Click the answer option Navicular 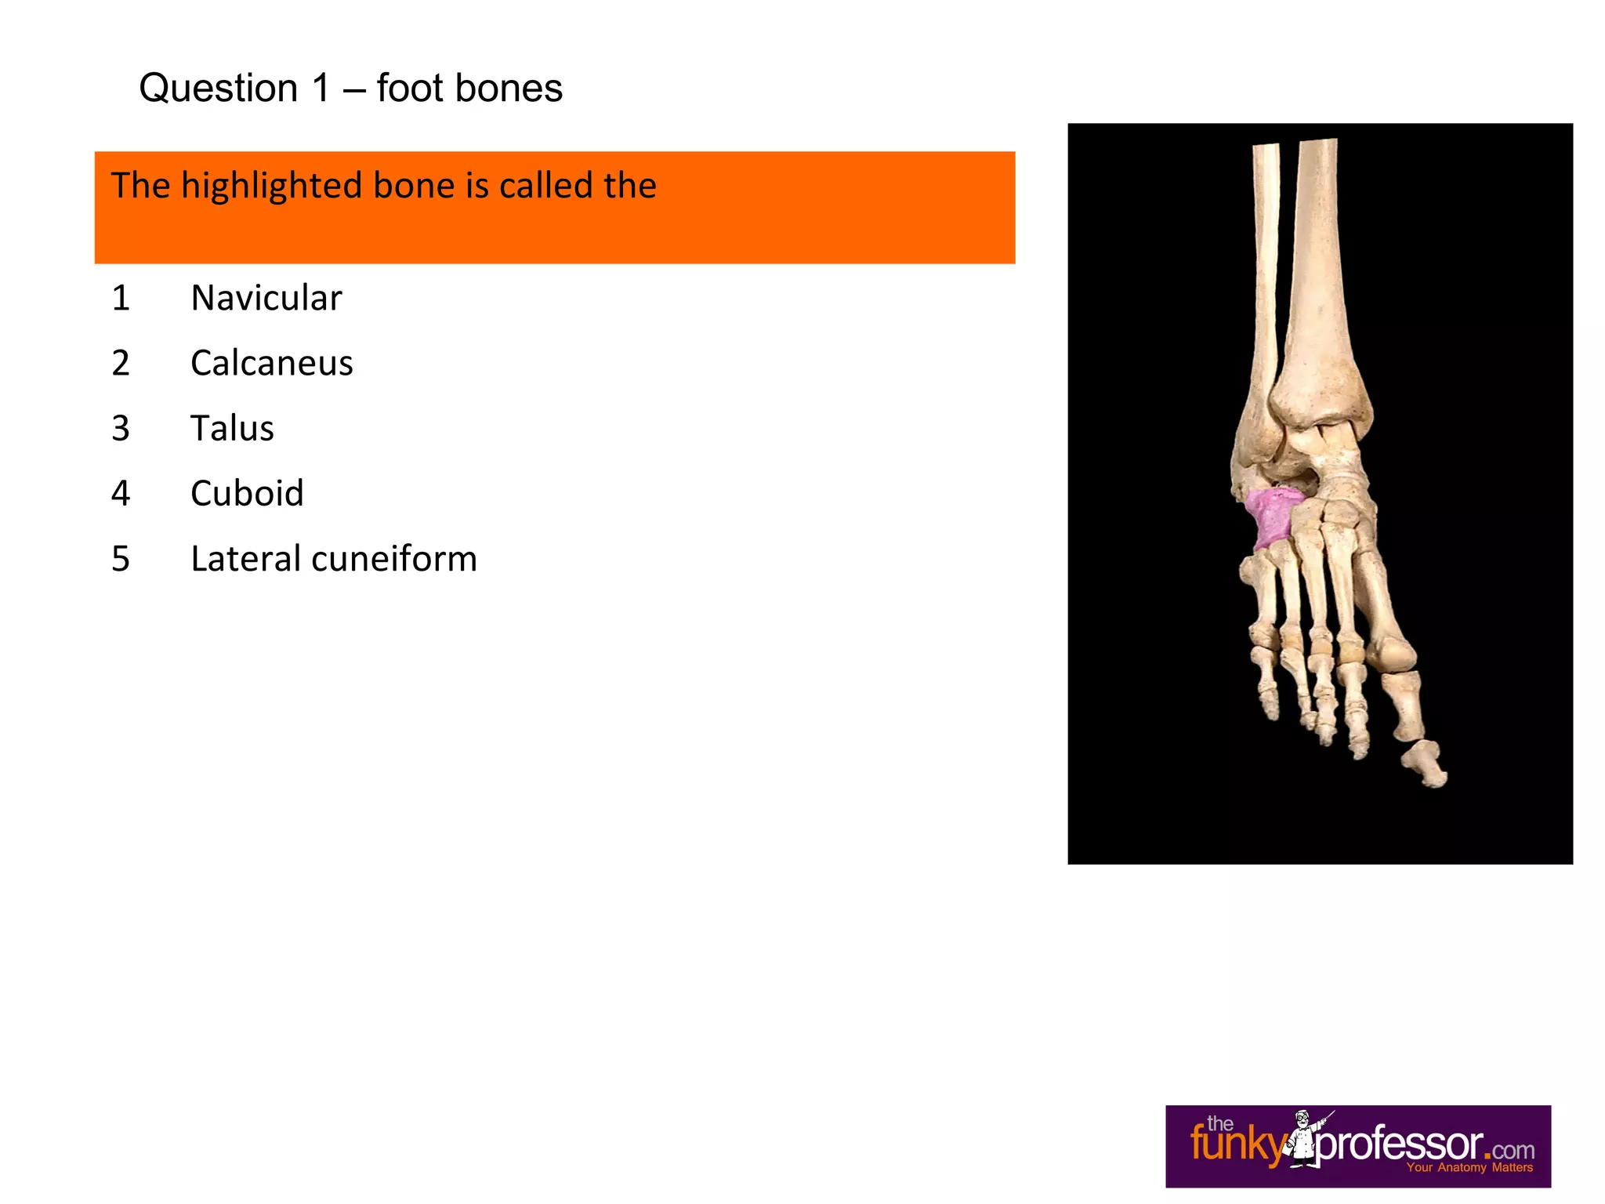[x=266, y=298]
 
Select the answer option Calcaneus [x=271, y=363]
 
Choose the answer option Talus [x=232, y=428]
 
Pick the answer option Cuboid [x=247, y=493]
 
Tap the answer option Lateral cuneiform [x=333, y=559]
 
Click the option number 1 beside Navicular [x=121, y=298]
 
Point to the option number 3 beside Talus [x=121, y=428]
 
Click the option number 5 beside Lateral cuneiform [x=121, y=559]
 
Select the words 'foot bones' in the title [x=469, y=88]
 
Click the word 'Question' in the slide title [x=219, y=88]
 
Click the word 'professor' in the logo [x=1403, y=1144]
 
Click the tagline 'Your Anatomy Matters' [x=1469, y=1168]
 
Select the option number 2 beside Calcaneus [x=121, y=363]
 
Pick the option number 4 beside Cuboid [x=121, y=493]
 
